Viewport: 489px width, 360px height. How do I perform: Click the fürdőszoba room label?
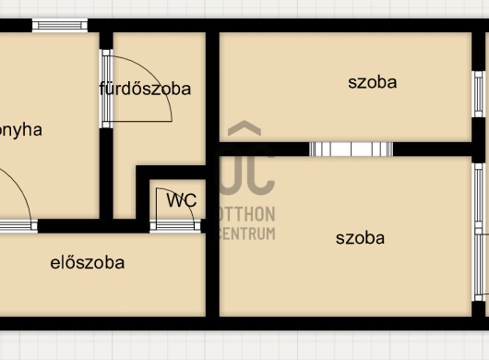point(145,89)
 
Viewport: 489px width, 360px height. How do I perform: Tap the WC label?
point(181,199)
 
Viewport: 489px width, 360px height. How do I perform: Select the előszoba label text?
point(87,262)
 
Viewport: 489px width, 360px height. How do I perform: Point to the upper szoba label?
point(372,82)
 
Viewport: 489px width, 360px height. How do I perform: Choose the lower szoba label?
point(360,238)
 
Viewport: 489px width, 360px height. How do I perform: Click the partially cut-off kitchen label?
point(21,129)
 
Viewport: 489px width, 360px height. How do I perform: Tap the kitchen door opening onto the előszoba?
point(17,225)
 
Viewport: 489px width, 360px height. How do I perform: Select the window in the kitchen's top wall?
point(59,25)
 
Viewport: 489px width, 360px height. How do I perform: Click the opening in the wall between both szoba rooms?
point(351,150)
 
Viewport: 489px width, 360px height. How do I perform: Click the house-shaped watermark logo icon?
point(246,157)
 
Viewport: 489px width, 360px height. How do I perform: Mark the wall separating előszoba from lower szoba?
point(212,277)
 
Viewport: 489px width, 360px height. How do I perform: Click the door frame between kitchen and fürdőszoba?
point(106,89)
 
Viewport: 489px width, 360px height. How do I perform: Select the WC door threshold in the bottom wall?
point(175,226)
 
